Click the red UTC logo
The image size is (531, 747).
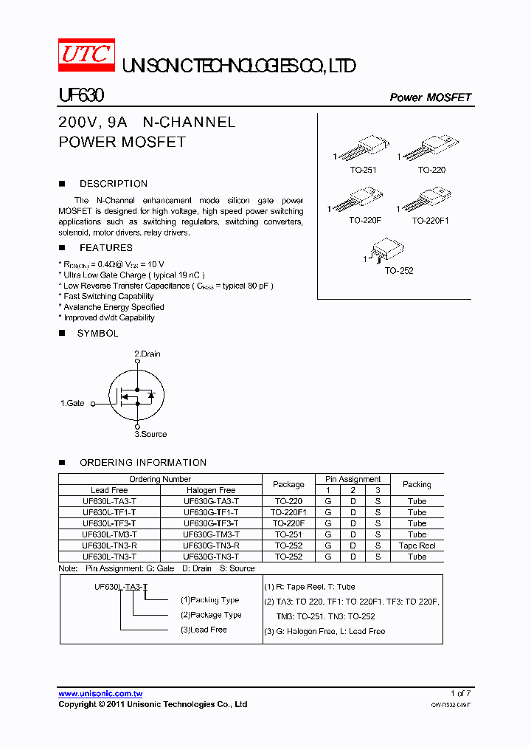(x=86, y=56)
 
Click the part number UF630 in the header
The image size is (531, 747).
(x=81, y=96)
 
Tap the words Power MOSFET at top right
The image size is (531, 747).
(x=430, y=97)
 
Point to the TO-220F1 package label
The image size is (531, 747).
(x=430, y=220)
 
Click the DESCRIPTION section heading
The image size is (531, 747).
(x=114, y=184)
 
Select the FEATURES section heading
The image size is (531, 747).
(x=106, y=248)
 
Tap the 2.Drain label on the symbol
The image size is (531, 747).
(x=147, y=354)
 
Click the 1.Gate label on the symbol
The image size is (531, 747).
(x=72, y=403)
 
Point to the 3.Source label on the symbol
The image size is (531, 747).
(x=150, y=434)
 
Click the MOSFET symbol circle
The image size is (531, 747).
(x=136, y=396)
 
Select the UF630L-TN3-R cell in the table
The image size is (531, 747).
(x=109, y=545)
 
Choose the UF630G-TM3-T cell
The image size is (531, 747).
(x=211, y=534)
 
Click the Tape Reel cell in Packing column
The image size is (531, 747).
(x=417, y=545)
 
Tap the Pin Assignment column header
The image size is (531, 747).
(x=353, y=479)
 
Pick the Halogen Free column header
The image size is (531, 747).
(x=211, y=490)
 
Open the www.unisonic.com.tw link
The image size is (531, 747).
(x=100, y=693)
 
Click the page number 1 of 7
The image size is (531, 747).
(x=460, y=693)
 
